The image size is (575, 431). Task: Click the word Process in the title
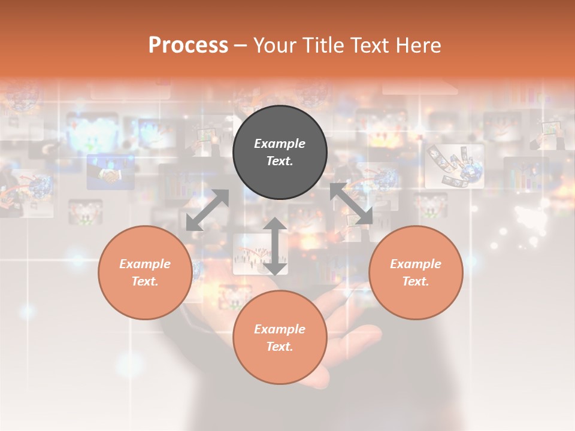coord(188,45)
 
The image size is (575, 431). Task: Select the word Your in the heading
coord(273,45)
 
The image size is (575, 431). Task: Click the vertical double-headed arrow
coord(275,246)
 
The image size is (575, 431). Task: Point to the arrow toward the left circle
coord(207,210)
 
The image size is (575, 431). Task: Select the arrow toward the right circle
coord(351,204)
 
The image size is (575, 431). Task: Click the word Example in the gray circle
coord(280,144)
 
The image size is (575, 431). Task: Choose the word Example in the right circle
coord(416,264)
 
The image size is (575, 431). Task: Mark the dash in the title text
coord(240,45)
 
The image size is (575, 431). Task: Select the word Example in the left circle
coord(145,264)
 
